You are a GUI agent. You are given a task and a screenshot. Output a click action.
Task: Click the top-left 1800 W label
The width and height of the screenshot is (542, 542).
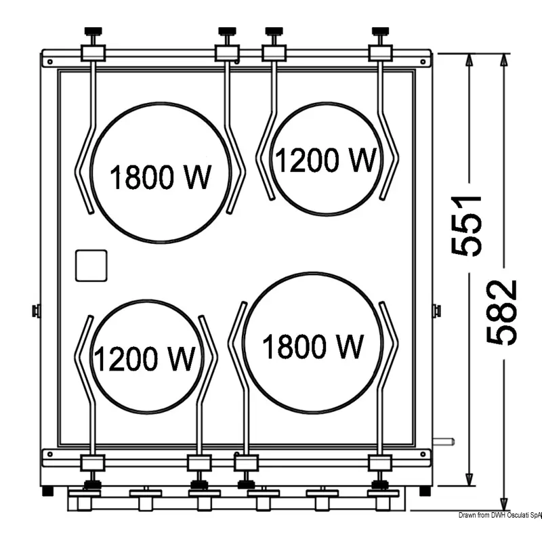click(x=160, y=177)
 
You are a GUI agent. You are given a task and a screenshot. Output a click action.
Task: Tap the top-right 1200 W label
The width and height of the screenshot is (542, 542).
click(x=325, y=160)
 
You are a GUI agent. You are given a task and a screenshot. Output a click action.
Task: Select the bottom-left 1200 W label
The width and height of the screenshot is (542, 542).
click(x=144, y=359)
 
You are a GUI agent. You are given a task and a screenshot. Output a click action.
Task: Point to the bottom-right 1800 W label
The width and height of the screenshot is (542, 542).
click(x=313, y=346)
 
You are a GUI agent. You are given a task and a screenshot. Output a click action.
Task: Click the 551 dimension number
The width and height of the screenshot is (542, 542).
click(x=467, y=226)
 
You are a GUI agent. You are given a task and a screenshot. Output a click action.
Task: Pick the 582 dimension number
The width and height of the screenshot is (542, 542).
click(x=502, y=312)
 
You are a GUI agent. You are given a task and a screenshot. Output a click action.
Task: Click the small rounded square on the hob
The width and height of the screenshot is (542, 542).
click(x=91, y=266)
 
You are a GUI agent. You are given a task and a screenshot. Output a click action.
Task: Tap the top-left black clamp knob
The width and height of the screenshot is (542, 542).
click(x=93, y=31)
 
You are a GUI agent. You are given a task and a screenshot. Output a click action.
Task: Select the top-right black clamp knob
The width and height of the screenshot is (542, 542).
click(x=380, y=31)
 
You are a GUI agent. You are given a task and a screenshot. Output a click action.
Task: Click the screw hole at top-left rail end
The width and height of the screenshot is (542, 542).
click(x=50, y=62)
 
